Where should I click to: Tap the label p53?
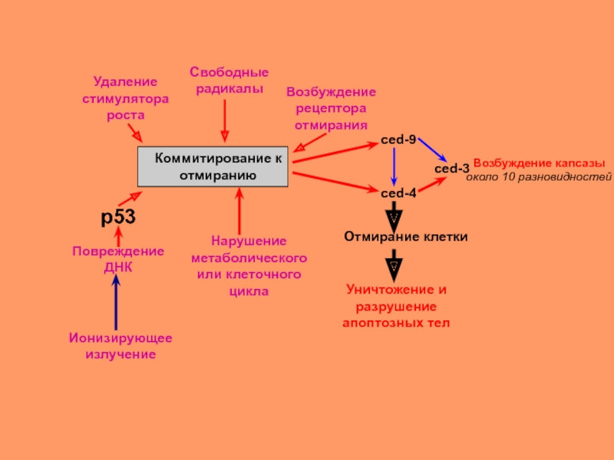coord(118,218)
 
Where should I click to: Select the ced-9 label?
coord(398,140)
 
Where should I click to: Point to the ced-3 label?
coord(451,169)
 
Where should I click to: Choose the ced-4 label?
coord(398,192)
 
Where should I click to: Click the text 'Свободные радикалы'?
coord(229,80)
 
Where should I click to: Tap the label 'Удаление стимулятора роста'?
coord(125,97)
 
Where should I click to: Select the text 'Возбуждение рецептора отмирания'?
coord(331,108)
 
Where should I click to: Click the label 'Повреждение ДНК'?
coord(118,259)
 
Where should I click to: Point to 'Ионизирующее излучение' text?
coord(120,346)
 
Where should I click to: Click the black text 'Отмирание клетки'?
coord(405,237)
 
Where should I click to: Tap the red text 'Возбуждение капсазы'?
coord(539,164)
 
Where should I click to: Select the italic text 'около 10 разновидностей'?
coord(539,177)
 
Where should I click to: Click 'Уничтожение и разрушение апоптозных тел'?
coord(395,307)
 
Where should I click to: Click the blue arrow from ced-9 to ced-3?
coord(427,149)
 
